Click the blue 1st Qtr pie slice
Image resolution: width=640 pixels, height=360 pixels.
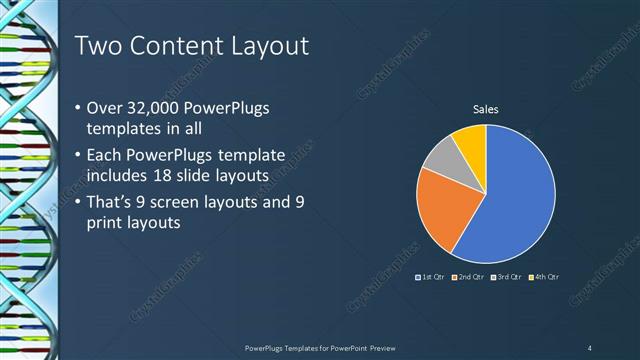[515, 200]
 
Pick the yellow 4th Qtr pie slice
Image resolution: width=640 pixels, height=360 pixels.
[471, 141]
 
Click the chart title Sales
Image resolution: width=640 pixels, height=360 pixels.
[485, 109]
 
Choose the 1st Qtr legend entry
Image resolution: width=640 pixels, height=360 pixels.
[431, 276]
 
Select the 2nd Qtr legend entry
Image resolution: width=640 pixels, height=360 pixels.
[468, 276]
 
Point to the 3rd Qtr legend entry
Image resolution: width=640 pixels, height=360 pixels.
[506, 276]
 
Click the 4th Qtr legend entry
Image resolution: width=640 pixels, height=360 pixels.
[544, 276]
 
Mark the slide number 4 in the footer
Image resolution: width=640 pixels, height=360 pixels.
[590, 347]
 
